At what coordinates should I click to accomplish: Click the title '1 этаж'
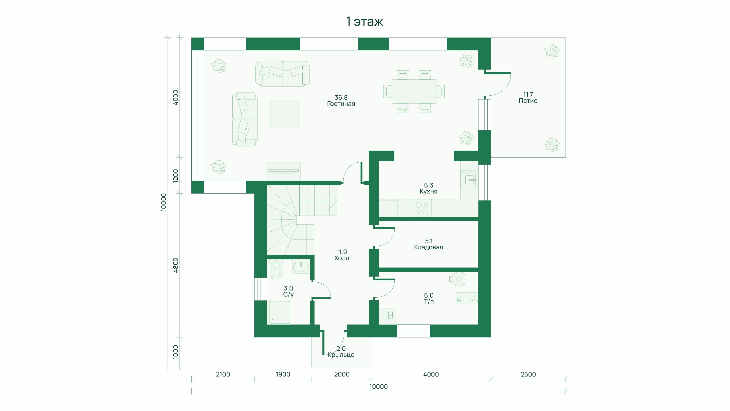[x=364, y=22]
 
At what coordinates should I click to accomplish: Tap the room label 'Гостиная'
[x=341, y=104]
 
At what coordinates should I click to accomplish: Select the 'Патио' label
[x=528, y=101]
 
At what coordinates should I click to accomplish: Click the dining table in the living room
[x=414, y=91]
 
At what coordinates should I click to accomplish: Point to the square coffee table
[x=285, y=114]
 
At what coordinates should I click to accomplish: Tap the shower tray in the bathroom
[x=279, y=312]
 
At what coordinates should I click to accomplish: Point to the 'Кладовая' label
[x=428, y=247]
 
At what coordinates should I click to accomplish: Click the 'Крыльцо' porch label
[x=341, y=355]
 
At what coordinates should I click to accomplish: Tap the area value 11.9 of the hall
[x=341, y=252]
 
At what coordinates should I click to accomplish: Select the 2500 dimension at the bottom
[x=528, y=374]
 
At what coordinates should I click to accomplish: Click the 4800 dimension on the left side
[x=176, y=265]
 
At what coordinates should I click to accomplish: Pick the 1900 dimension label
[x=283, y=374]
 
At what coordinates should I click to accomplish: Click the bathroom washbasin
[x=301, y=267]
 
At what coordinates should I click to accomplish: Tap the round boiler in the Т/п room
[x=459, y=279]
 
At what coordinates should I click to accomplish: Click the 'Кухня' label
[x=428, y=192]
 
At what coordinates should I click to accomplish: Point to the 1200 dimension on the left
[x=176, y=176]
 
